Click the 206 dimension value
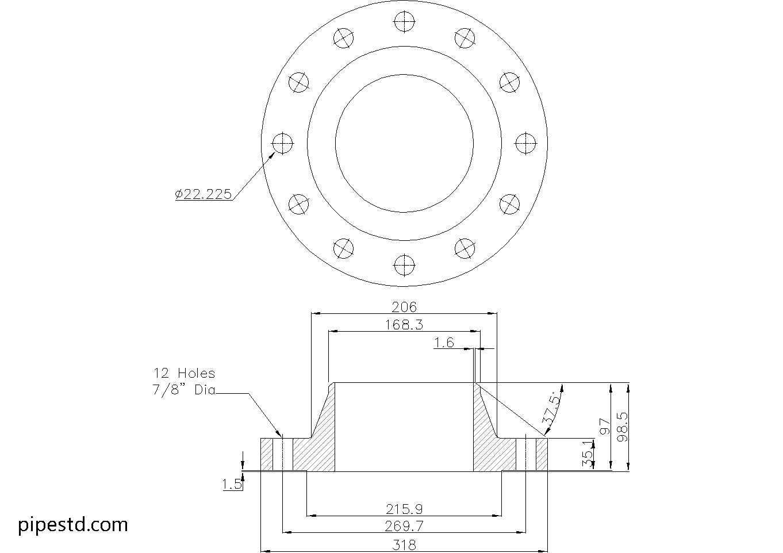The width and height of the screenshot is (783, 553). pyautogui.click(x=404, y=308)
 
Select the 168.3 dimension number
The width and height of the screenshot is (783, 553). pyautogui.click(x=404, y=325)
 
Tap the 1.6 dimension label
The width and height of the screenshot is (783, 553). pyautogui.click(x=444, y=343)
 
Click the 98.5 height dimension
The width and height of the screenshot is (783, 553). pyautogui.click(x=623, y=427)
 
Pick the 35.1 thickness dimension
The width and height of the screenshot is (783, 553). pyautogui.click(x=588, y=454)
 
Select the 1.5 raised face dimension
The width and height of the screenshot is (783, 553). pyautogui.click(x=232, y=484)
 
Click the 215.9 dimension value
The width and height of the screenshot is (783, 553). pyautogui.click(x=404, y=509)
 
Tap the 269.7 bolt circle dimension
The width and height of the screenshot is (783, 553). pyautogui.click(x=404, y=526)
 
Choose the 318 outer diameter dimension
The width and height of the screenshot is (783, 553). pyautogui.click(x=404, y=544)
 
